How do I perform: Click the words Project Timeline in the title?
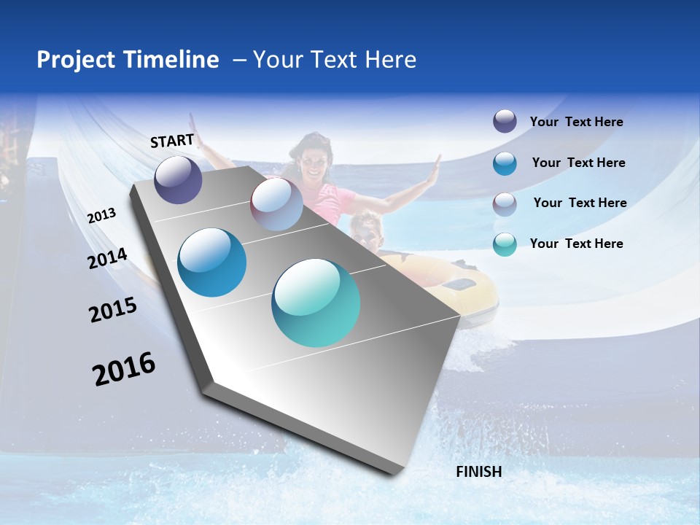[x=128, y=60]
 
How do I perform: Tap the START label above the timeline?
[x=172, y=141]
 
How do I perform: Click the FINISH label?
[x=479, y=472]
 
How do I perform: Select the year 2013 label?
[x=101, y=216]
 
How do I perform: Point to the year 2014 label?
[x=107, y=259]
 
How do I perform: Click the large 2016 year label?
[x=124, y=369]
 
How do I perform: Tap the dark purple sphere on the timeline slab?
[x=178, y=179]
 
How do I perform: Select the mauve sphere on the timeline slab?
[x=276, y=204]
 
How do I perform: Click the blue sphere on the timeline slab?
[x=212, y=262]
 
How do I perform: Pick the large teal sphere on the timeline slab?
[x=316, y=303]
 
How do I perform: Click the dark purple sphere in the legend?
[x=505, y=121]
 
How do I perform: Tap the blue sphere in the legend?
[x=505, y=163]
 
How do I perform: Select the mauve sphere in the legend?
[x=505, y=203]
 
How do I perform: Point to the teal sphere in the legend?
[x=505, y=244]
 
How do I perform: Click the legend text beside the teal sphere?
[x=576, y=244]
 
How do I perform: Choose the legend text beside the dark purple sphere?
[x=576, y=122]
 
